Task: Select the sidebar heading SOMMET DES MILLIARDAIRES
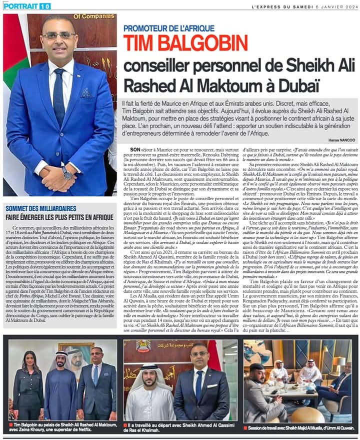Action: point(41,208)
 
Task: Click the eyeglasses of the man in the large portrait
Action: point(59,36)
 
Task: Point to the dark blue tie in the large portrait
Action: point(59,95)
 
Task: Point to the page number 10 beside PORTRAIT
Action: point(44,6)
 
